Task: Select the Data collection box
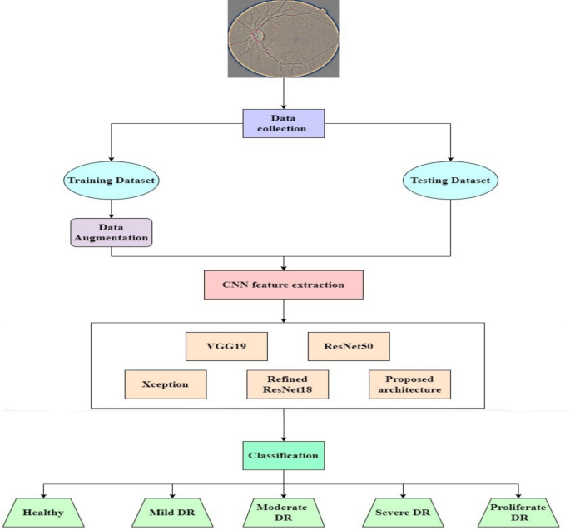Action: click(x=284, y=124)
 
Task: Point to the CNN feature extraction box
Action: click(x=283, y=285)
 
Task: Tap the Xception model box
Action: click(x=165, y=384)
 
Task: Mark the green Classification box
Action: click(x=283, y=456)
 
